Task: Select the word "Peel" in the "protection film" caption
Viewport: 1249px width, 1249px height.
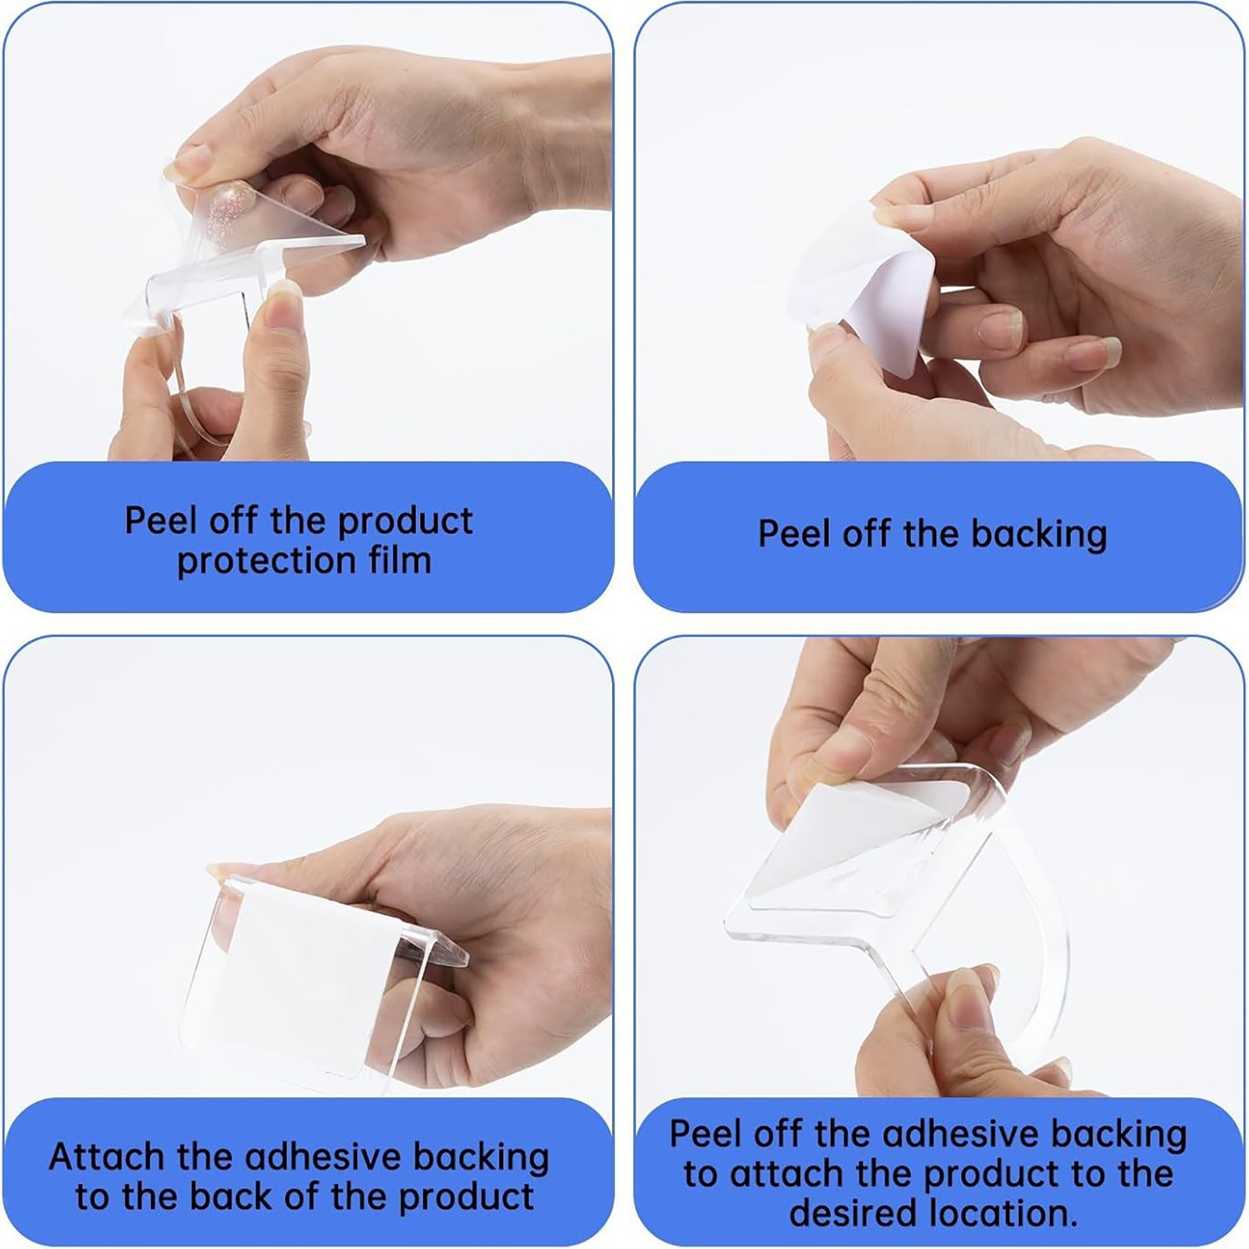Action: [x=160, y=520]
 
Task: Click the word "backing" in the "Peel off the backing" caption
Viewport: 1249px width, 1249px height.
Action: [x=1039, y=536]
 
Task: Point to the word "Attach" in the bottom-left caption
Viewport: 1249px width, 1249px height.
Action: [x=107, y=1156]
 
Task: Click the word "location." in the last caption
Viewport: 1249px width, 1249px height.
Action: [x=1003, y=1213]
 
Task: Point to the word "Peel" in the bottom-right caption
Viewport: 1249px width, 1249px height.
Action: [x=705, y=1133]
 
